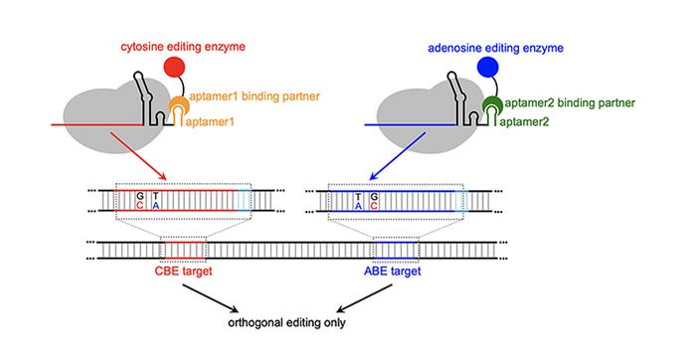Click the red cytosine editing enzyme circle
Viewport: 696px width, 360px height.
tap(175, 69)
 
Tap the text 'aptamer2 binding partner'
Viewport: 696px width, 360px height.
tap(571, 102)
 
